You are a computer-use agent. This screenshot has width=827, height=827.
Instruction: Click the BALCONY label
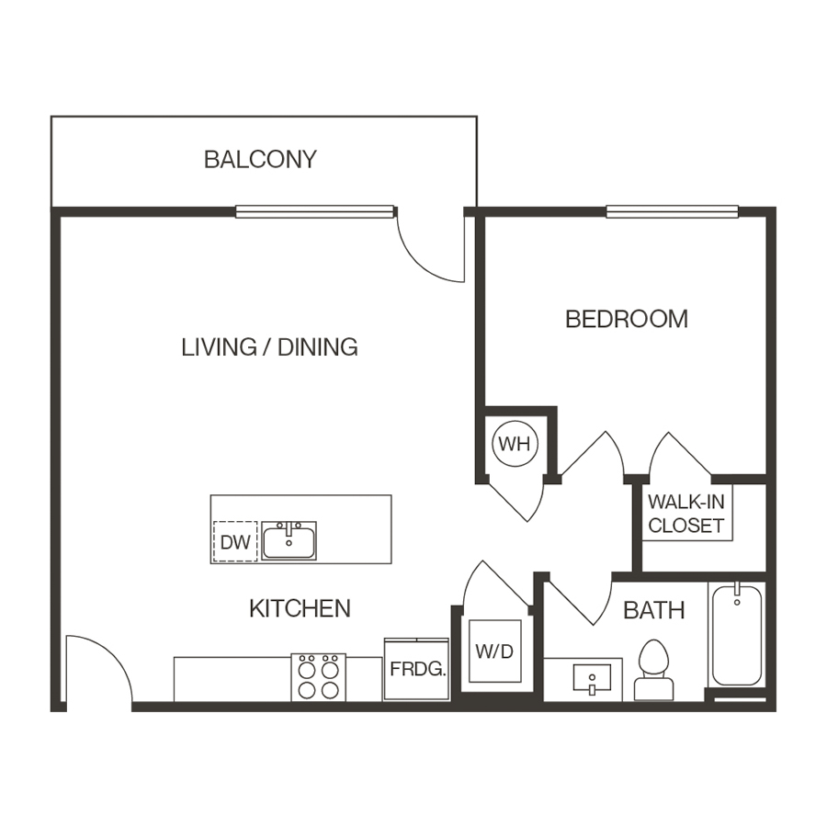click(260, 159)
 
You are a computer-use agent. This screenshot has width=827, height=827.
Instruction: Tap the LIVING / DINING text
click(269, 347)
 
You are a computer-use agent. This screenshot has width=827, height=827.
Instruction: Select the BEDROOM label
click(627, 319)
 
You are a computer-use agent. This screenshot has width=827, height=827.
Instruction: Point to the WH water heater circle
click(514, 444)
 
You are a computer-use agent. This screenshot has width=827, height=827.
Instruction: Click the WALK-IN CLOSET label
click(686, 515)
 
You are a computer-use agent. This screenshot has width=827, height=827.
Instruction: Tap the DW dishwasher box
click(235, 542)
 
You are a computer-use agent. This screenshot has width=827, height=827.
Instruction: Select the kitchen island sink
click(289, 541)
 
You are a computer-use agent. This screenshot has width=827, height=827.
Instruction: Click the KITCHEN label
click(300, 608)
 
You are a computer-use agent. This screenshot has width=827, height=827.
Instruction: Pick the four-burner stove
click(319, 678)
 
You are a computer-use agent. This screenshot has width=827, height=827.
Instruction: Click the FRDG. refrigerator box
click(417, 669)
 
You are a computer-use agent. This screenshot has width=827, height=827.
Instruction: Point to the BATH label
click(654, 610)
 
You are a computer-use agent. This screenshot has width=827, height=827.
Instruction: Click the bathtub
click(737, 635)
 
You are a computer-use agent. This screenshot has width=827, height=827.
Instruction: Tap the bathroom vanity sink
click(591, 680)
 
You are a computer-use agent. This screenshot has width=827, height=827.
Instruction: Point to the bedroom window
click(672, 211)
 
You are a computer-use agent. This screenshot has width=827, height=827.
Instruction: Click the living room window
click(314, 211)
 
